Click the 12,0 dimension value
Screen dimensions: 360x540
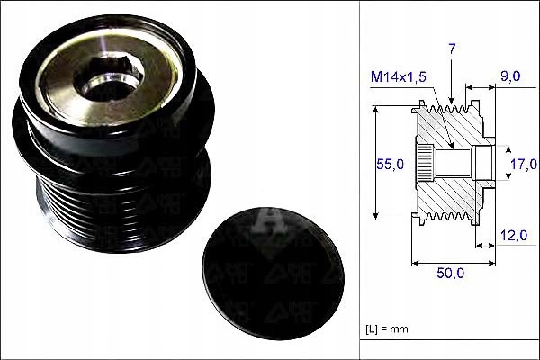click(514, 235)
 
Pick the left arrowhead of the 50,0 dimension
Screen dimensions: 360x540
click(415, 264)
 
